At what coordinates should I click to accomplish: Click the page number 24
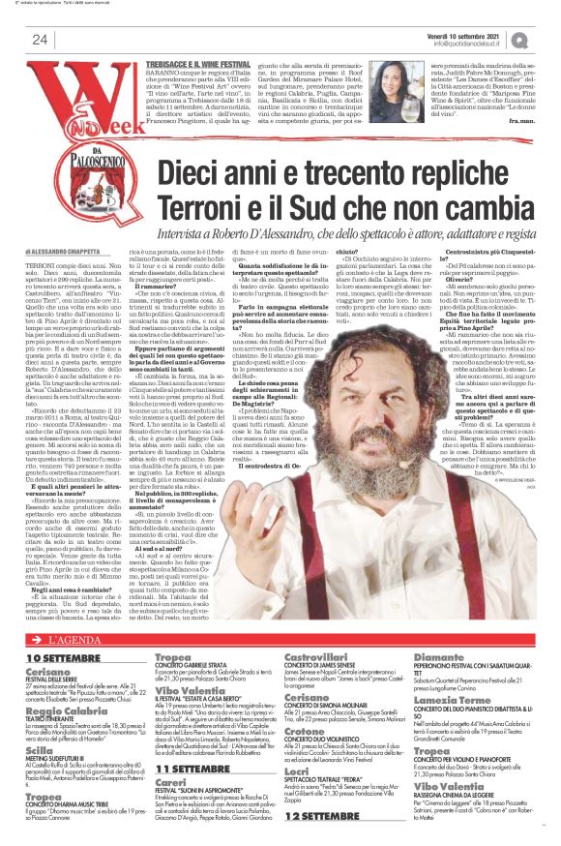[x=40, y=40]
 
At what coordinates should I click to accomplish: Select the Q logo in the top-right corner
[x=547, y=39]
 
